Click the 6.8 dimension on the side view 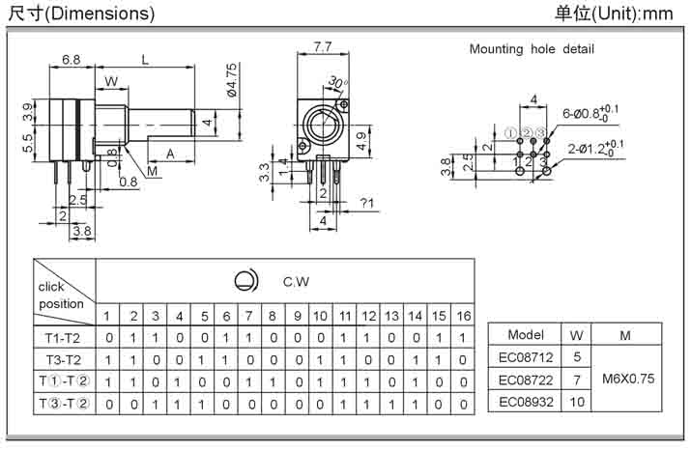pyautogui.click(x=71, y=60)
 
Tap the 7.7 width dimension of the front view pyautogui.click(x=323, y=46)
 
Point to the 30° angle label pyautogui.click(x=337, y=83)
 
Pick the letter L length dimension pyautogui.click(x=145, y=60)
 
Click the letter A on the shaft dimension pyautogui.click(x=170, y=154)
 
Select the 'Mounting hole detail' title pyautogui.click(x=532, y=48)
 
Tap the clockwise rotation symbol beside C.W pyautogui.click(x=246, y=281)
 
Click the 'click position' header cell pyautogui.click(x=63, y=295)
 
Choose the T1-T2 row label pyautogui.click(x=63, y=337)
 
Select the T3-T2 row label pyautogui.click(x=63, y=358)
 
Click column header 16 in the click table pyautogui.click(x=464, y=316)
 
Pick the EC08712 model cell pyautogui.click(x=526, y=356)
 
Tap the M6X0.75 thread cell pyautogui.click(x=625, y=379)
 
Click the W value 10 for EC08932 pyautogui.click(x=577, y=401)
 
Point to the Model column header pyautogui.click(x=526, y=335)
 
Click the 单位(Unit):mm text pyautogui.click(x=613, y=14)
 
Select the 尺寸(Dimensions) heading pyautogui.click(x=81, y=14)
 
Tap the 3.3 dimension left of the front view pyautogui.click(x=265, y=173)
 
